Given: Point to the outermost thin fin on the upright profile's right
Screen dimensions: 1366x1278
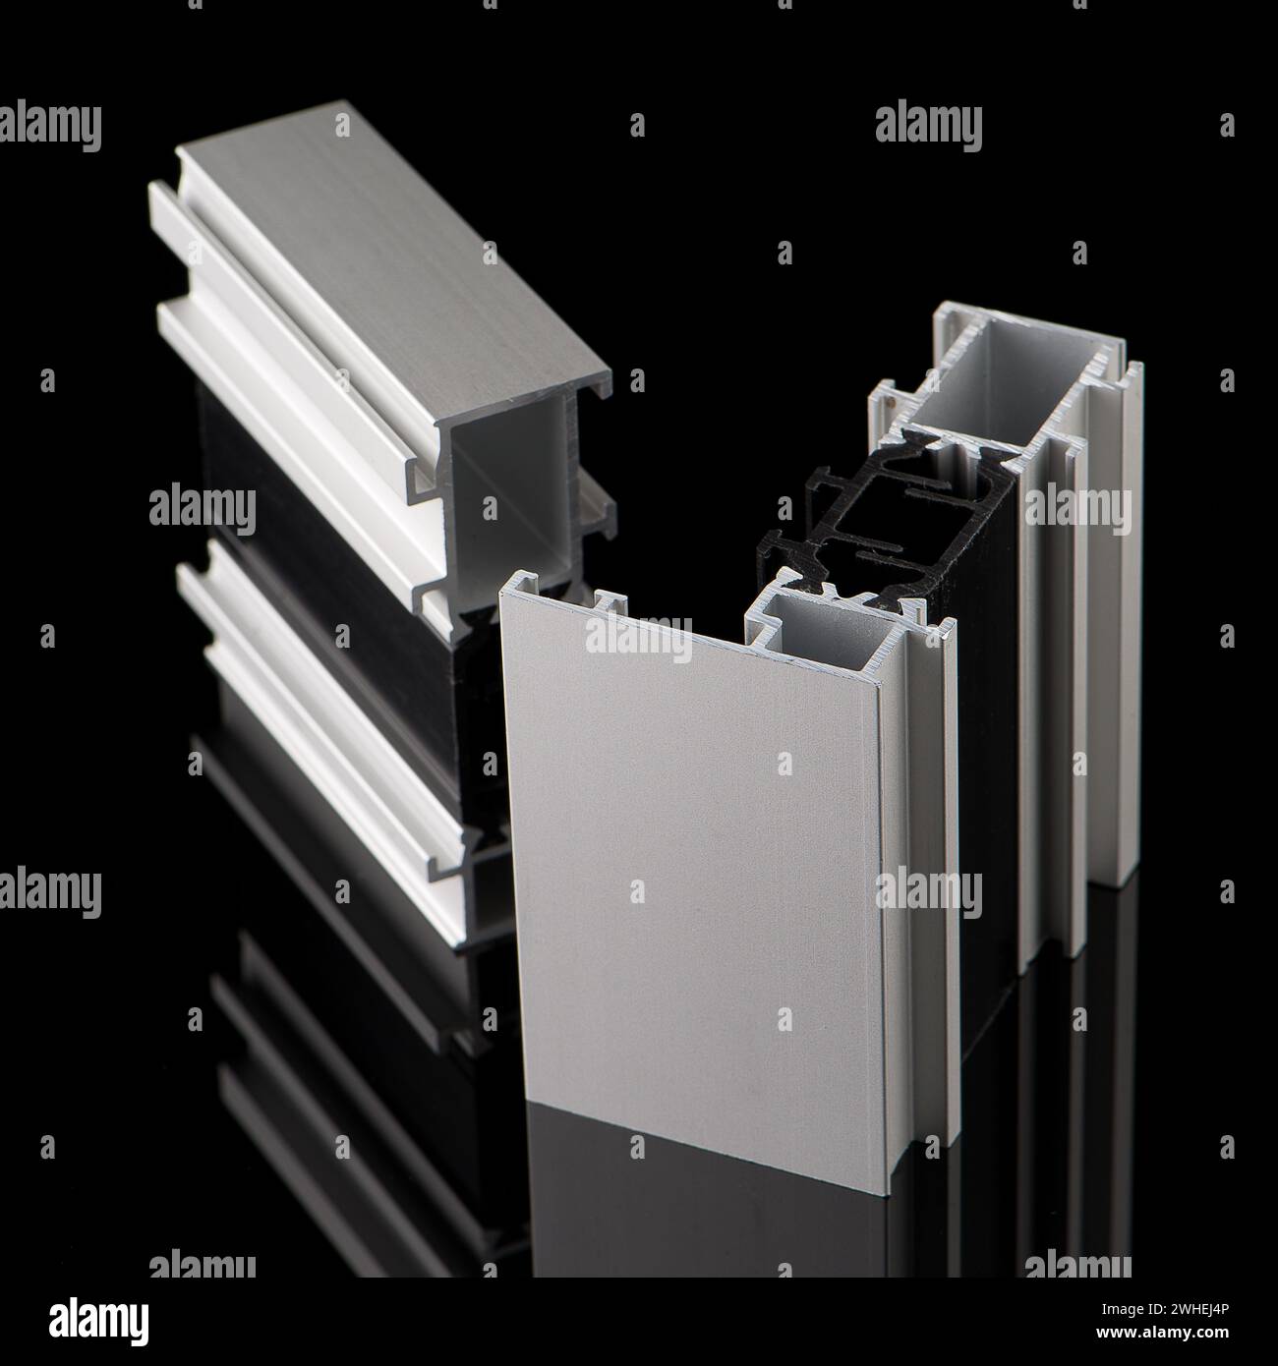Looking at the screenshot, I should [x=1130, y=639].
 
